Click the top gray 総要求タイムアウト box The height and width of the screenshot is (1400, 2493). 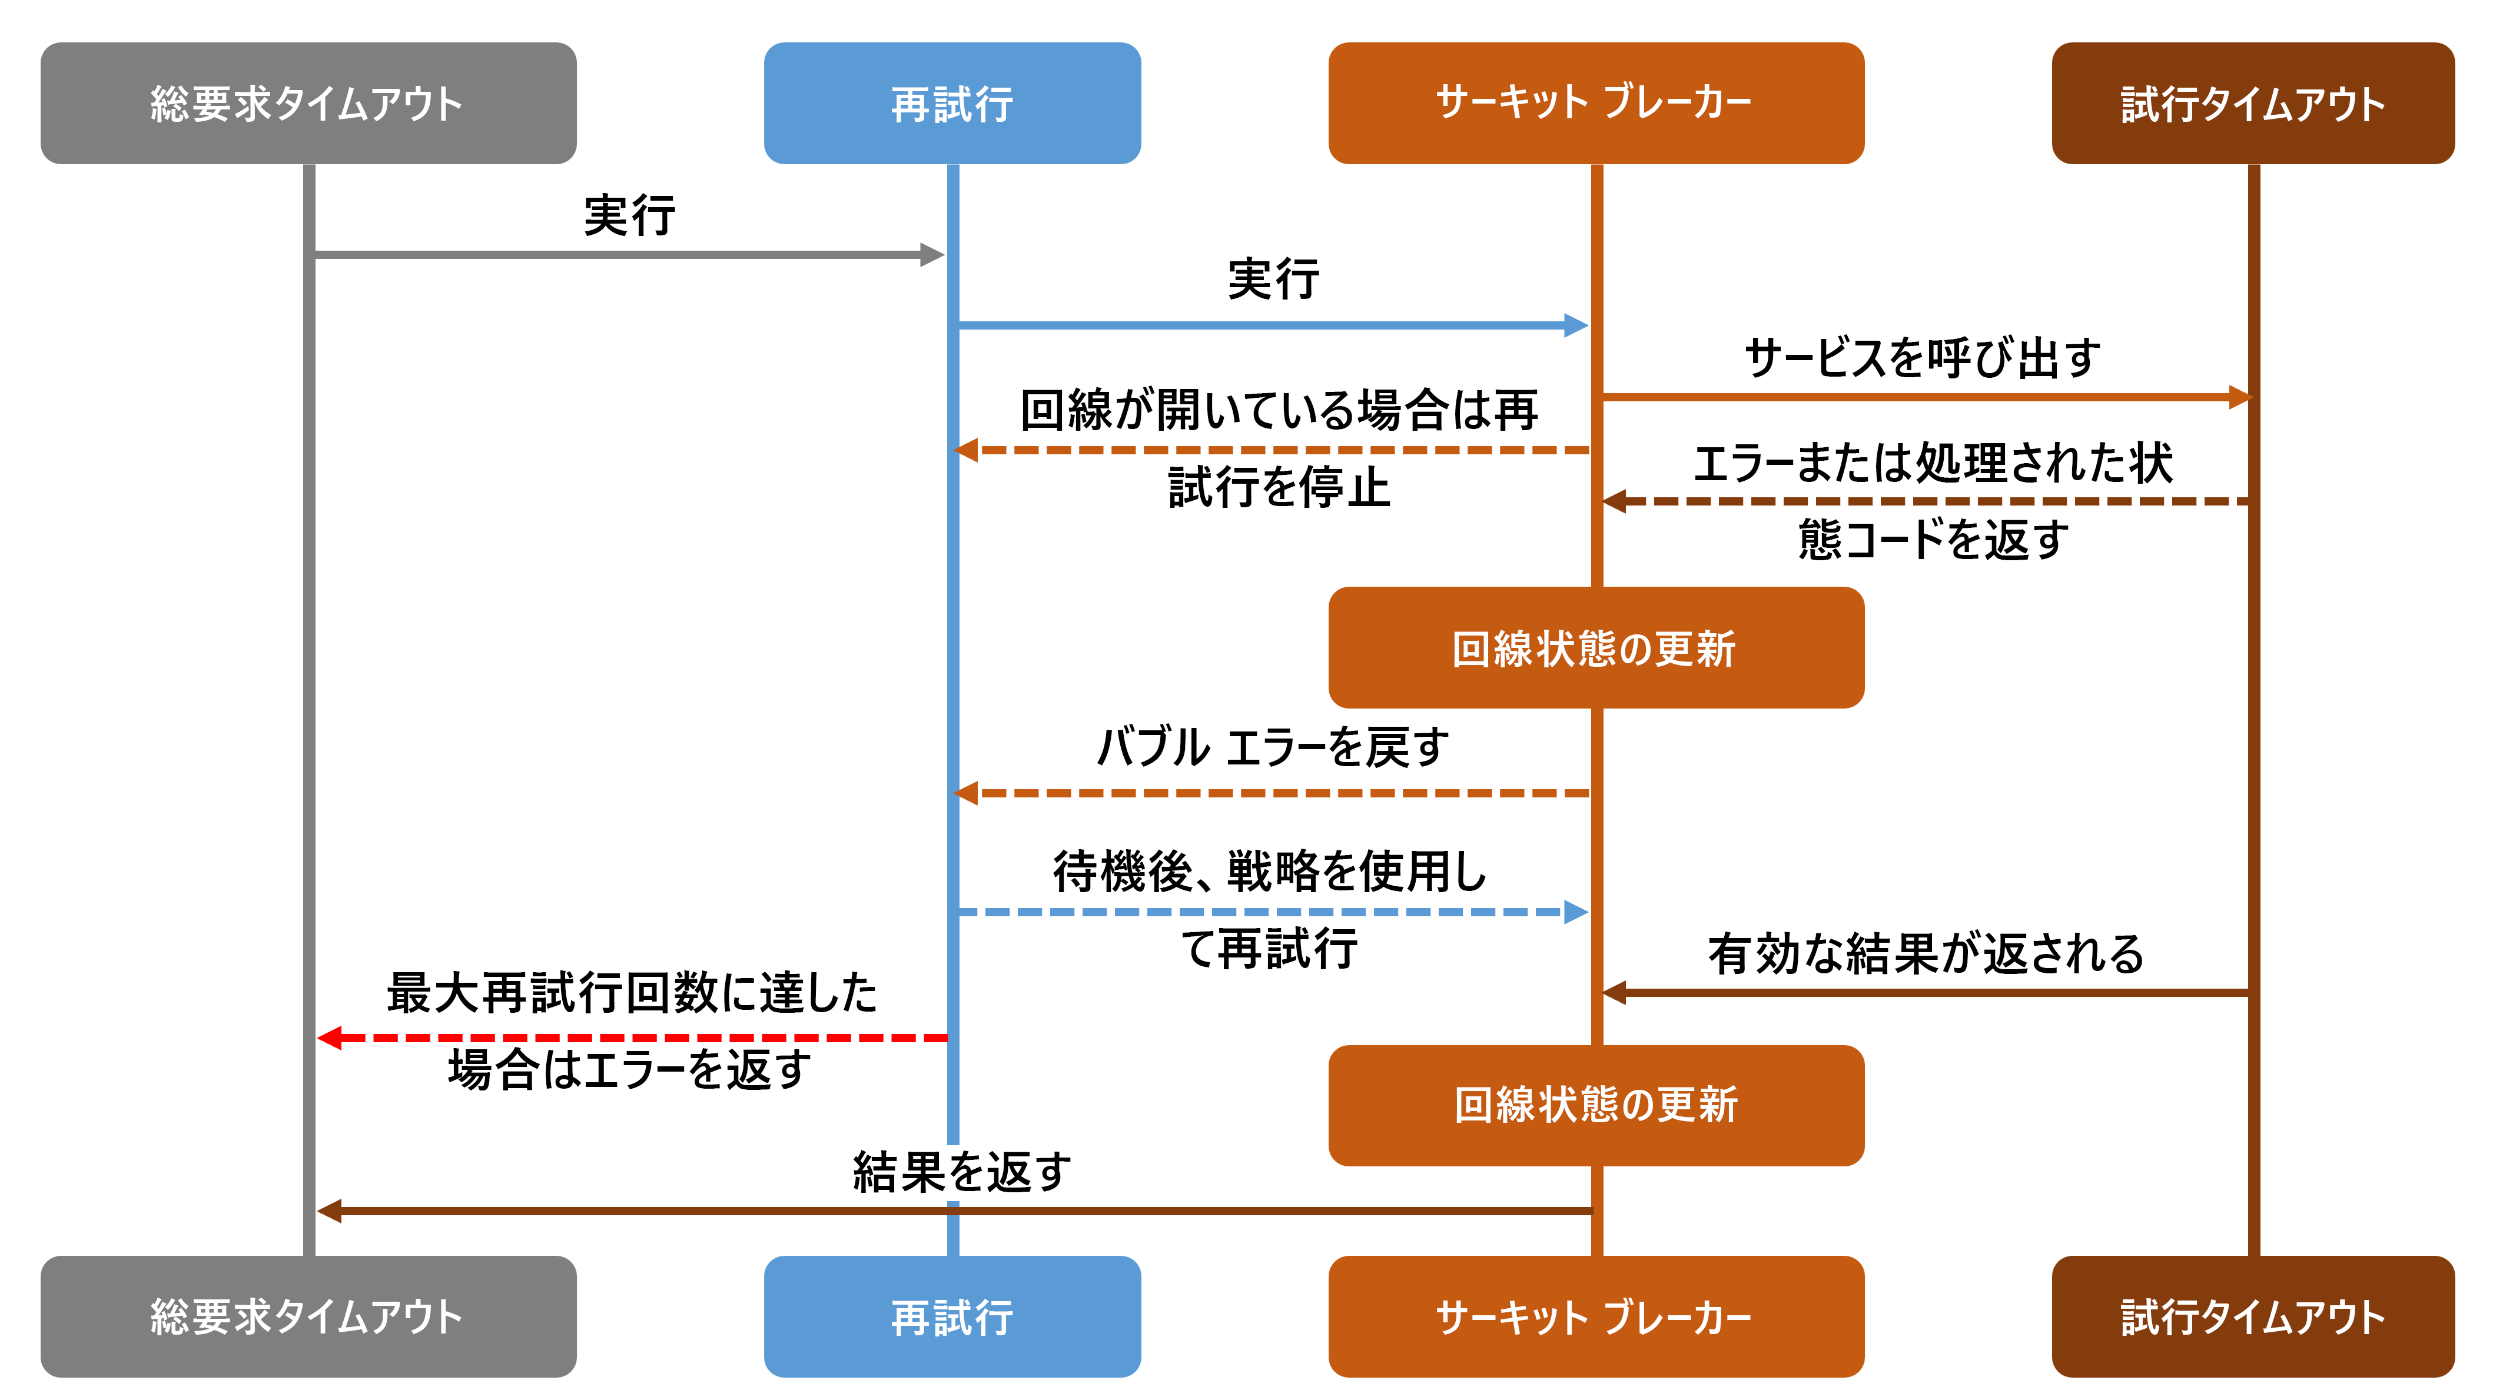[x=308, y=102]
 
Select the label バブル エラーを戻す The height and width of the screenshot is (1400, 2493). [x=1273, y=747]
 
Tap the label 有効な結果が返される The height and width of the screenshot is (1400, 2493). [x=1926, y=954]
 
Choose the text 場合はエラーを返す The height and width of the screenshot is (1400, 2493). [x=630, y=1069]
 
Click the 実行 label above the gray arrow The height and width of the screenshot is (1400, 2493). [x=629, y=215]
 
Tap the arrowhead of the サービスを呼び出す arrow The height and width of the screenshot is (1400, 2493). [x=2239, y=397]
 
